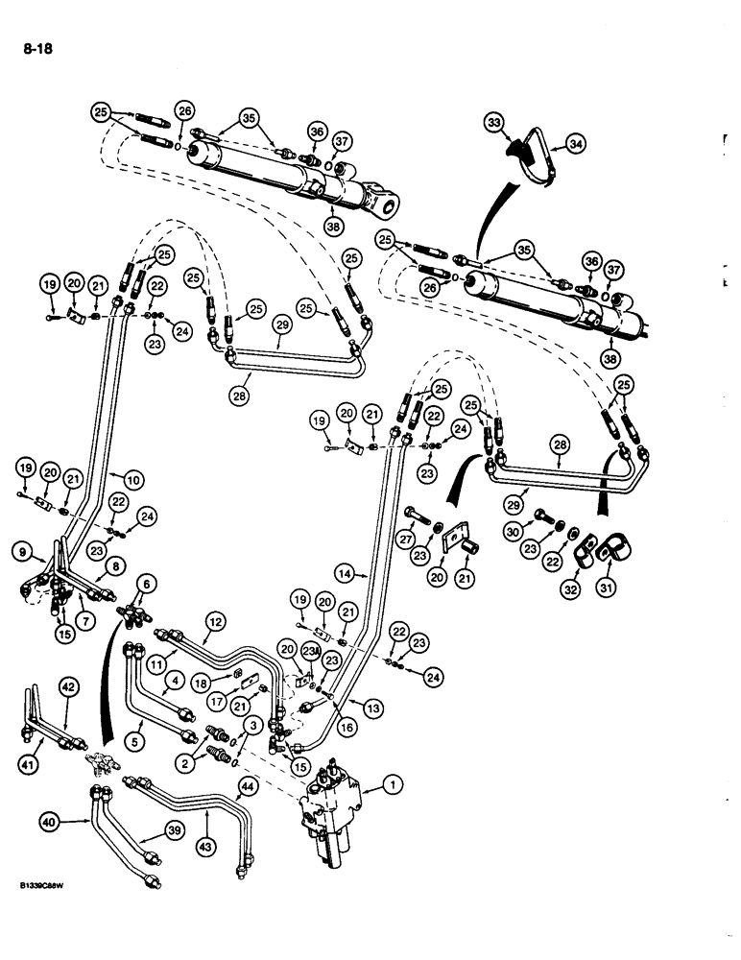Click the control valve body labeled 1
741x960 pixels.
click(x=329, y=806)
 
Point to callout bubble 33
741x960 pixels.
click(x=494, y=124)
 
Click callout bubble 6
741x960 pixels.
click(x=148, y=583)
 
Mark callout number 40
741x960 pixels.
click(x=49, y=822)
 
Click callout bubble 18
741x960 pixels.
click(x=200, y=681)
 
